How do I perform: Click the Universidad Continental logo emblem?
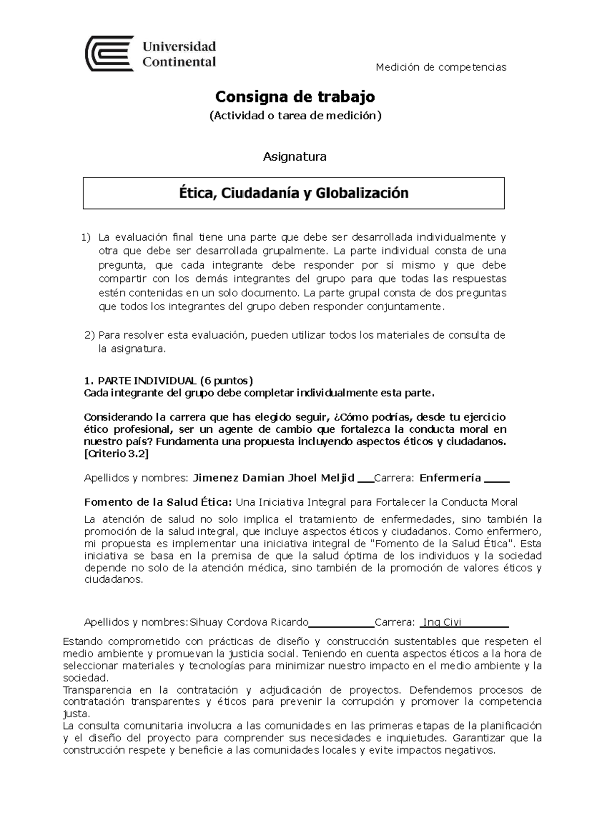(x=110, y=53)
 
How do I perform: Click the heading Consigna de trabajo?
(x=295, y=97)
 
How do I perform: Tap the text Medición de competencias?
(x=441, y=68)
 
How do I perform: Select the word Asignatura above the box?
(x=295, y=157)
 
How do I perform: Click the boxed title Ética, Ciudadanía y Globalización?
(x=294, y=193)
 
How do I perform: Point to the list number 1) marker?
(x=86, y=238)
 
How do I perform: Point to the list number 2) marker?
(x=89, y=336)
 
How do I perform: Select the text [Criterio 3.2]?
(x=116, y=454)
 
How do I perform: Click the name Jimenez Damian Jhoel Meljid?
(x=273, y=478)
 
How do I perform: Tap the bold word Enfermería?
(x=450, y=478)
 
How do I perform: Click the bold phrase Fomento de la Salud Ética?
(x=158, y=502)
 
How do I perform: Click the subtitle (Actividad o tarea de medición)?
(x=295, y=116)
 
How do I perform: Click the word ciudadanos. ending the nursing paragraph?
(x=113, y=580)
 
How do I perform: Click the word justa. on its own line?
(x=76, y=714)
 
